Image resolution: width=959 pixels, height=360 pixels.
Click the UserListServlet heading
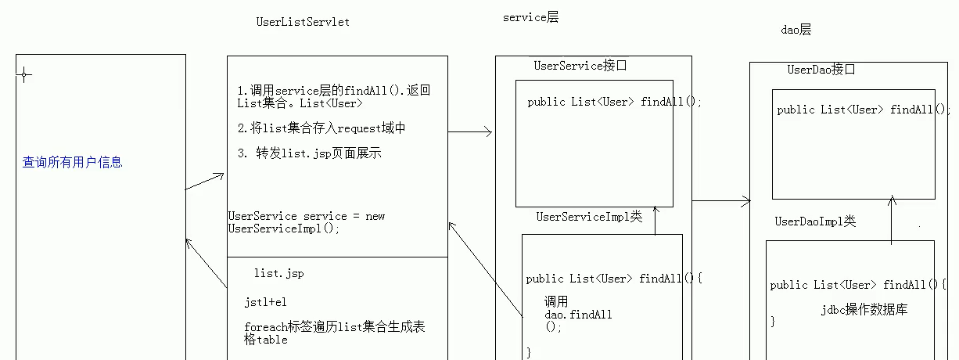[303, 22]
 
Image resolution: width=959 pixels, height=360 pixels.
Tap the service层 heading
[530, 17]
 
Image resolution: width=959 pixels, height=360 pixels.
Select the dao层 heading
[796, 30]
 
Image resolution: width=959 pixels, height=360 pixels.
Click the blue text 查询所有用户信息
[72, 163]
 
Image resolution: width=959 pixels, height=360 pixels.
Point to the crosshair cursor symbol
[24, 75]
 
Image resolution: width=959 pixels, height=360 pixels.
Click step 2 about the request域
[321, 128]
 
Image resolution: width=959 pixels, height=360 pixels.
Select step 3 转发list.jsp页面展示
[310, 153]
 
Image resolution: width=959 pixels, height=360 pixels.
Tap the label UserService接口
[580, 66]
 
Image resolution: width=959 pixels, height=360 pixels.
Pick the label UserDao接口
[821, 70]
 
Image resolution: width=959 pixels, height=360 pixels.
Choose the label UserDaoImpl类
[815, 221]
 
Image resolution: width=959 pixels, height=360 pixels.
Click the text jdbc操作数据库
[864, 310]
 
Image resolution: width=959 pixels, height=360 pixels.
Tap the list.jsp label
[278, 273]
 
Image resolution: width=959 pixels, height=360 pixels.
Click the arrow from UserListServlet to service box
[470, 132]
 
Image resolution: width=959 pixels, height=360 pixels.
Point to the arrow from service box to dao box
[720, 201]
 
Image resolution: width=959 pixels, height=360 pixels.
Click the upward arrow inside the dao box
[892, 219]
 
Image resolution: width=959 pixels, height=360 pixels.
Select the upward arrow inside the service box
[655, 220]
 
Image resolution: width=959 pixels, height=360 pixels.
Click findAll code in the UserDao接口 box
[861, 110]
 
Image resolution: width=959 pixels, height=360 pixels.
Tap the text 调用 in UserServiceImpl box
[556, 301]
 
